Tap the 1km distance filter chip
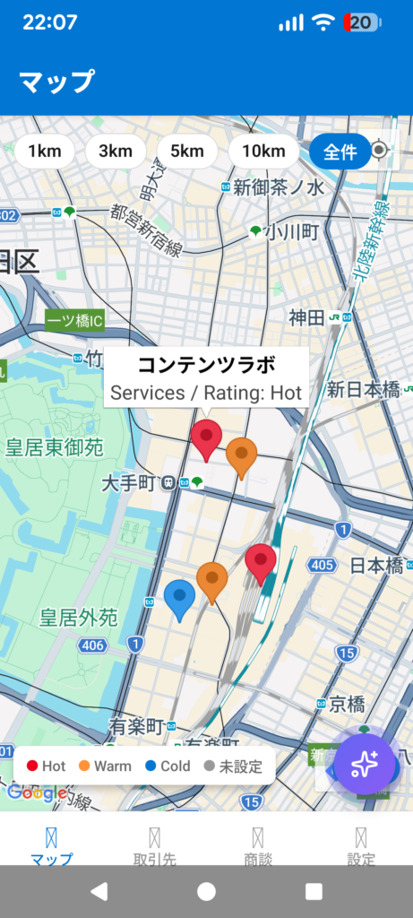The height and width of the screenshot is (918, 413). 45,151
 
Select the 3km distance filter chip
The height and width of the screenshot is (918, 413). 116,151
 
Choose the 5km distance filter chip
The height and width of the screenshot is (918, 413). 187,151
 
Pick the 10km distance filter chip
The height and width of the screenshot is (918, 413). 263,151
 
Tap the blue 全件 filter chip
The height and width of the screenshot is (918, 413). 340,151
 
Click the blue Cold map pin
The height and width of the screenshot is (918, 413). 179,597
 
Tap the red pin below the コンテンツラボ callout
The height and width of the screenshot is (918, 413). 206,437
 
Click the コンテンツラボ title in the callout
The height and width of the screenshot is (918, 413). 206,366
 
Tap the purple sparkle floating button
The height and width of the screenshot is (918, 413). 364,765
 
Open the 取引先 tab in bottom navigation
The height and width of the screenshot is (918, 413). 155,846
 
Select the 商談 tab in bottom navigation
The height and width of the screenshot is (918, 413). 258,846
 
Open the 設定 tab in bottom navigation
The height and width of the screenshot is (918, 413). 361,846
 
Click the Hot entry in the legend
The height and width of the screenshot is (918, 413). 47,766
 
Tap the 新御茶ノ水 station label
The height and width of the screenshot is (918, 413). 278,187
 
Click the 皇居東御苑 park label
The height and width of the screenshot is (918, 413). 55,447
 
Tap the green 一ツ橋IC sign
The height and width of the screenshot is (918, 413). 75,320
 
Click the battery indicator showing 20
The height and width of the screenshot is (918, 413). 362,23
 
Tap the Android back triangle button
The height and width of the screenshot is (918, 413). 99,891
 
